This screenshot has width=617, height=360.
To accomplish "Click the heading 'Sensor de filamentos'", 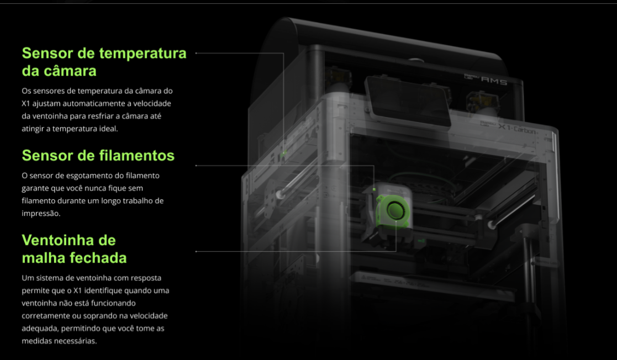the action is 98,155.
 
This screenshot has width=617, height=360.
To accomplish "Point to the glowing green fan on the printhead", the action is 393,211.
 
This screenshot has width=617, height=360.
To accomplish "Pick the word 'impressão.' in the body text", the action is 41,214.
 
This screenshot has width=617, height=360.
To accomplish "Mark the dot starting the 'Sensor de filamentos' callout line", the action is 196,166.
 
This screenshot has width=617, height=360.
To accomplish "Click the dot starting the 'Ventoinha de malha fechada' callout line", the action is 196,251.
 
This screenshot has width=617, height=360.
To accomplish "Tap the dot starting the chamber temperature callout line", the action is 196,52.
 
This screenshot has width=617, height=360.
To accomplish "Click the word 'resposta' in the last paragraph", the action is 146,278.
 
